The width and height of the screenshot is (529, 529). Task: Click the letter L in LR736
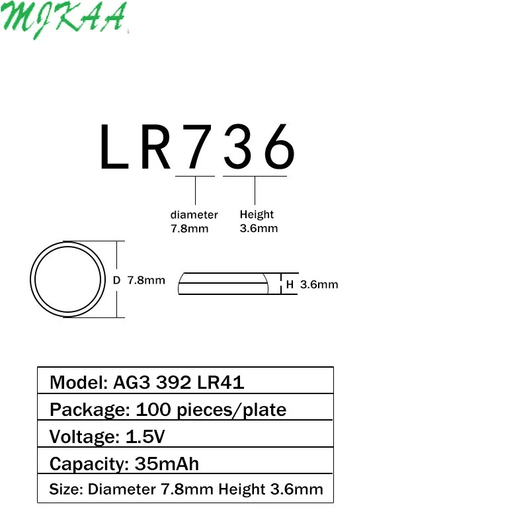pyautogui.click(x=114, y=146)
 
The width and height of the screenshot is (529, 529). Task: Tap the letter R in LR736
pyautogui.click(x=155, y=146)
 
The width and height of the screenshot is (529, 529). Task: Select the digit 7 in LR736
pyautogui.click(x=197, y=146)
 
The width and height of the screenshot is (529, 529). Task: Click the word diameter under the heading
pyautogui.click(x=194, y=214)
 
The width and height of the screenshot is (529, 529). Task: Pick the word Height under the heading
pyautogui.click(x=257, y=214)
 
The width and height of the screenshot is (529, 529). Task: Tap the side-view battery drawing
pyautogui.click(x=223, y=284)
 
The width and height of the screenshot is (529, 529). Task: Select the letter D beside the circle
pyautogui.click(x=116, y=280)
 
